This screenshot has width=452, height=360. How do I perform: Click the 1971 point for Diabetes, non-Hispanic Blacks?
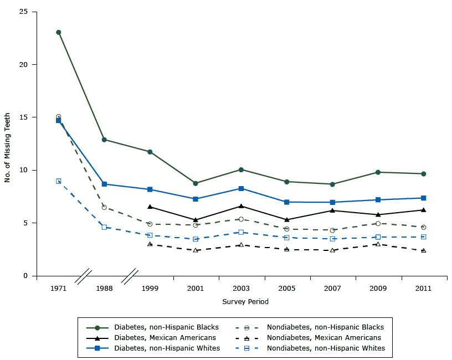(58, 32)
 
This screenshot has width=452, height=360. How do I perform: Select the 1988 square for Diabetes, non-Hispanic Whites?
(104, 184)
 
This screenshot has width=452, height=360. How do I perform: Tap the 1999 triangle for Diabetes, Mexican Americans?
(150, 207)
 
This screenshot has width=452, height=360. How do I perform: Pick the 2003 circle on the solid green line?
(241, 169)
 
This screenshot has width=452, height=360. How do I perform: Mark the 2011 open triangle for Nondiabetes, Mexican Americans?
(424, 250)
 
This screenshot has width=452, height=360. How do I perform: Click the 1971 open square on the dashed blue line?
(58, 181)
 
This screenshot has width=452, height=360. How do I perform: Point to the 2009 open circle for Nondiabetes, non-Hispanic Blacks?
(378, 224)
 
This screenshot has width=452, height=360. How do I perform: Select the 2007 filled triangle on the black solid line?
(332, 210)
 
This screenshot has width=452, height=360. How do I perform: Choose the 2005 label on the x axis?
(286, 289)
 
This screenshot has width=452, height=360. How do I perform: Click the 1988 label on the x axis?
(104, 289)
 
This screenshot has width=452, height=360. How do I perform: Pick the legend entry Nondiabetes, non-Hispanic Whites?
(325, 348)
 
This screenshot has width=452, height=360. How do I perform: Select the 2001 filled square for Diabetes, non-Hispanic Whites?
(196, 199)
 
